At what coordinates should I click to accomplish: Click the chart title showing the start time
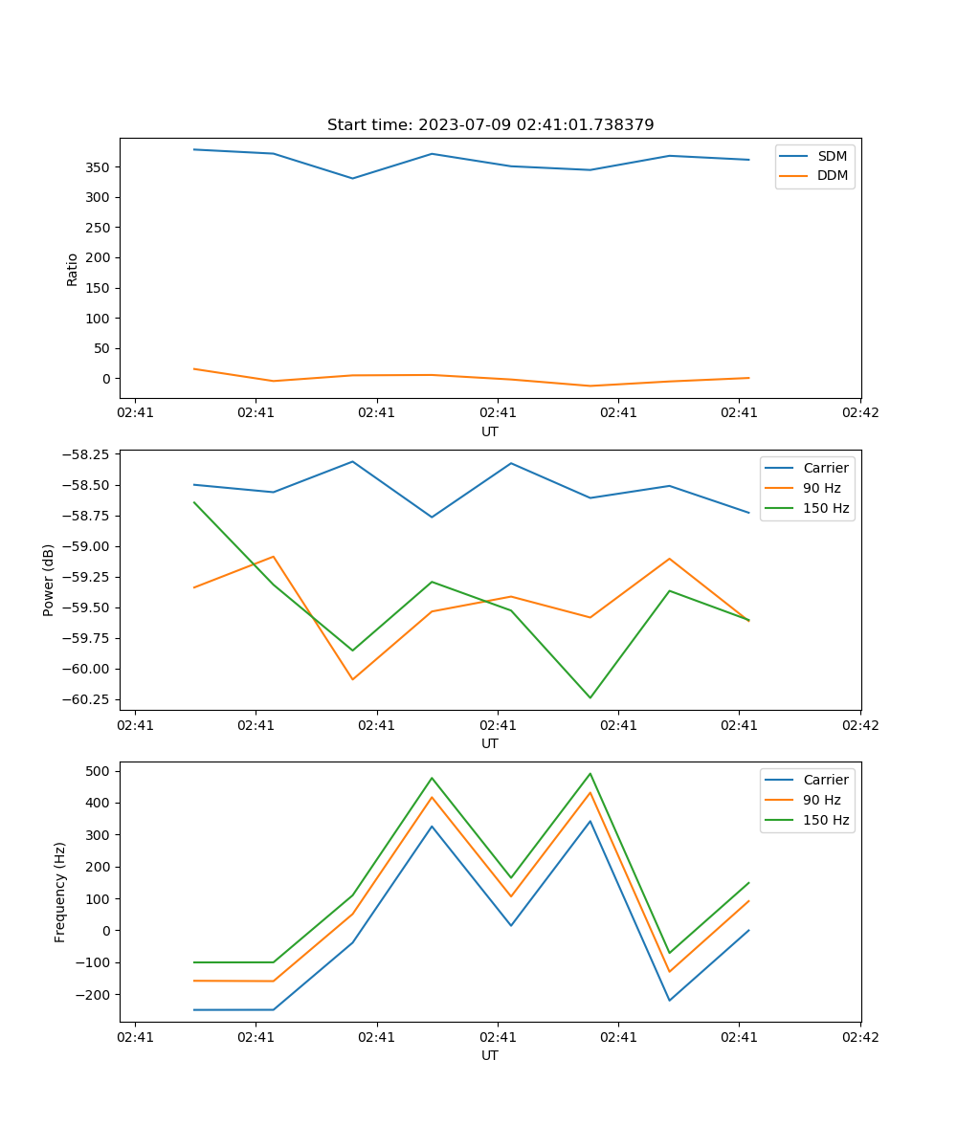coord(490,125)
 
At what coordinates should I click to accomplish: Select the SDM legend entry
coord(832,156)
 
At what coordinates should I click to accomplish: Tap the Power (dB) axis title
coord(49,580)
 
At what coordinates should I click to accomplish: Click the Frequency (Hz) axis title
coord(60,892)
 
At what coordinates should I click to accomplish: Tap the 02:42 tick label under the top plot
coord(859,413)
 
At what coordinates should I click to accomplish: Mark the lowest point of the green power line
coord(590,697)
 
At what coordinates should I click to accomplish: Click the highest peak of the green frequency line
coord(590,774)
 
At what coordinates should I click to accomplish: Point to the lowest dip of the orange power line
coord(352,679)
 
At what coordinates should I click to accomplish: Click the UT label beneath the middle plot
coord(490,743)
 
